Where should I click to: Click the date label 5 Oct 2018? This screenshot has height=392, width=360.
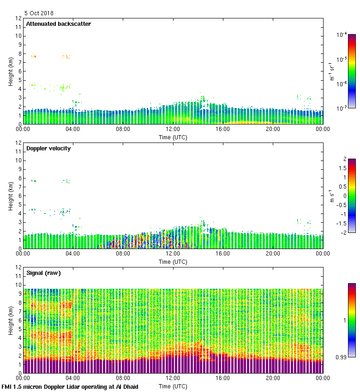click(x=39, y=13)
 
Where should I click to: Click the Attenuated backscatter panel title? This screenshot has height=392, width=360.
click(x=58, y=24)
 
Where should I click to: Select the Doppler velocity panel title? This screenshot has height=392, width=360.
click(x=48, y=148)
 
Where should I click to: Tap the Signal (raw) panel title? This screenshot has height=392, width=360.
click(x=43, y=273)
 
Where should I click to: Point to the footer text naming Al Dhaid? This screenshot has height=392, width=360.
click(x=70, y=386)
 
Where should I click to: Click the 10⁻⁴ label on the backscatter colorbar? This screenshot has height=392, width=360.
click(x=342, y=35)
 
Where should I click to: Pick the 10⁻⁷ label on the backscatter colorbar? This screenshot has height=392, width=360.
click(x=342, y=109)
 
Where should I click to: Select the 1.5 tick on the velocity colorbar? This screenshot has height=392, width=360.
click(x=341, y=168)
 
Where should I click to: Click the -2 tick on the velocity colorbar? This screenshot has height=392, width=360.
click(x=342, y=232)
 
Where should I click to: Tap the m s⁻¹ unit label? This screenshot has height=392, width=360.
click(x=332, y=196)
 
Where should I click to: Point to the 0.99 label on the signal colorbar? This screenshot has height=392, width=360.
click(x=340, y=356)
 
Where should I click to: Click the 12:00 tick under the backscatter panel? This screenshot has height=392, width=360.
click(x=173, y=129)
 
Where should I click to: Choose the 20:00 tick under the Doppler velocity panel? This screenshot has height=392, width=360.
click(x=273, y=253)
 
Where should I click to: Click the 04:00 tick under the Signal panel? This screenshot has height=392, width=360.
click(x=73, y=378)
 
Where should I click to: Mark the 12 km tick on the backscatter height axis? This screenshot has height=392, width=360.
click(x=18, y=18)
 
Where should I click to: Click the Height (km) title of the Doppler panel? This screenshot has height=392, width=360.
click(x=10, y=196)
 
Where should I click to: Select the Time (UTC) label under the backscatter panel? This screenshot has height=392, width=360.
click(x=173, y=137)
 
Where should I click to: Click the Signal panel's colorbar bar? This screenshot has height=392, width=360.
click(x=352, y=320)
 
